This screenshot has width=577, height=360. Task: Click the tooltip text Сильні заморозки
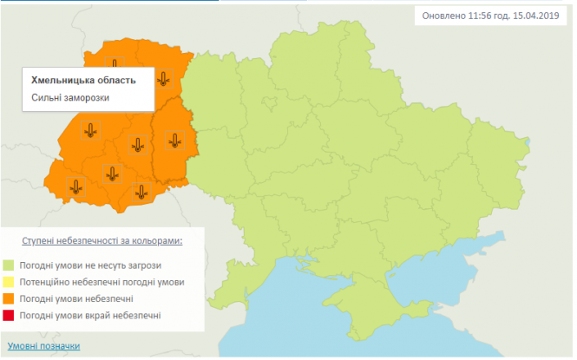71,97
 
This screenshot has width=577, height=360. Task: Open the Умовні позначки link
43,345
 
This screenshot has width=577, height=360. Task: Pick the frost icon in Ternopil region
137,144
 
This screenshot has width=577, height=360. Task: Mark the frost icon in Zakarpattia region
76,185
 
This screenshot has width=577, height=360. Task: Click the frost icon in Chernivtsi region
141,191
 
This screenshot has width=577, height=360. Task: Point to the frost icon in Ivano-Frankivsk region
111,173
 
